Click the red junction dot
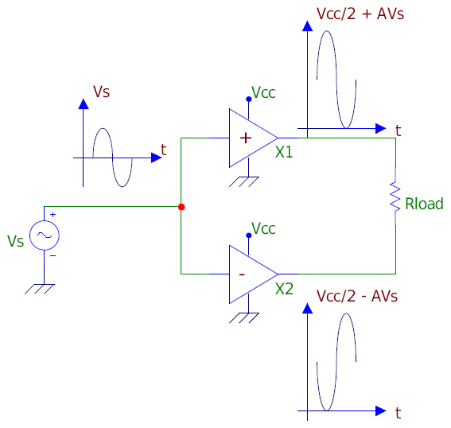click(181, 207)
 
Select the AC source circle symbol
click(45, 235)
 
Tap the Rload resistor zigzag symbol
click(395, 196)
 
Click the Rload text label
click(424, 204)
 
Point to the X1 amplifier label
click(284, 152)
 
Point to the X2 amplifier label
click(284, 289)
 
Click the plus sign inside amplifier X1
click(246, 138)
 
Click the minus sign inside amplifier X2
click(242, 274)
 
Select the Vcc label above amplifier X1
click(263, 92)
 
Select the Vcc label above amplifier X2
click(263, 228)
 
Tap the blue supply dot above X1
click(249, 99)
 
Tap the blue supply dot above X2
click(249, 235)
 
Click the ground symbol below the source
click(40, 289)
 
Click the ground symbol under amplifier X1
click(244, 182)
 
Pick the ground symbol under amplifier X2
click(244, 318)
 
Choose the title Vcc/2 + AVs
click(360, 14)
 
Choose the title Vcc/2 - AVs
click(357, 296)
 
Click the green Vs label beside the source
click(16, 241)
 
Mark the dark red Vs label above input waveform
click(101, 91)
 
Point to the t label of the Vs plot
click(163, 150)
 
